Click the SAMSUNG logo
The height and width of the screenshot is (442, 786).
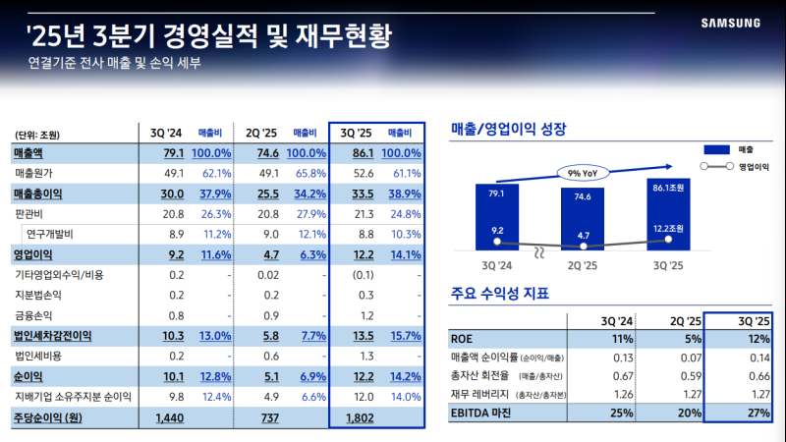pyautogui.click(x=734, y=22)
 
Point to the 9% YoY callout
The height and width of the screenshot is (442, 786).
pyautogui.click(x=584, y=173)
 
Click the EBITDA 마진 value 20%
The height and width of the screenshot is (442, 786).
pyautogui.click(x=687, y=413)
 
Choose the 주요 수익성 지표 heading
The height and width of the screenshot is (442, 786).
pyautogui.click(x=499, y=293)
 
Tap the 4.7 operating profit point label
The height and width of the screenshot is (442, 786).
pyautogui.click(x=584, y=235)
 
